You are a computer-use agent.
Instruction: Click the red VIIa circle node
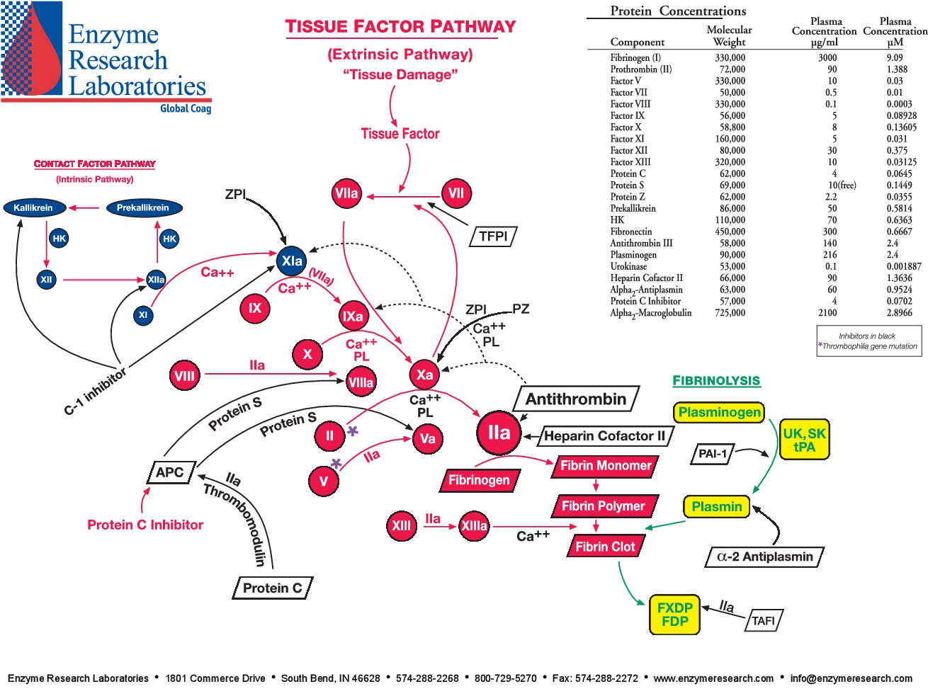[346, 193]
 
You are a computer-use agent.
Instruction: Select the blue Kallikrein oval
[34, 207]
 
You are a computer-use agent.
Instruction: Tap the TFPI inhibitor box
[493, 236]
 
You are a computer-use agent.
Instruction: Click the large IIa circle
[499, 433]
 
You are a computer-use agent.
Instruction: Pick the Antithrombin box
[575, 399]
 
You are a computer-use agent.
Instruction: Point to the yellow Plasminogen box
[719, 412]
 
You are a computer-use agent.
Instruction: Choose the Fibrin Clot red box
[605, 547]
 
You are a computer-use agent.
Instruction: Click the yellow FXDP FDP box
[674, 615]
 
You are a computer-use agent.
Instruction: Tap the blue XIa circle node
[292, 261]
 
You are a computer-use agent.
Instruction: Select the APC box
[170, 472]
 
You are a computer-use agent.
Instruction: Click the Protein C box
[272, 588]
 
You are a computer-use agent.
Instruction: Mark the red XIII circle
[401, 525]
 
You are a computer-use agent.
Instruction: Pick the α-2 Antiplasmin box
[764, 557]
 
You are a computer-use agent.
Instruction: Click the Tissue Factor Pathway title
[400, 27]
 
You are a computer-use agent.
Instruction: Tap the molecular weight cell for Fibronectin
[730, 232]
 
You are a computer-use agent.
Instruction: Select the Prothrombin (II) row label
[641, 69]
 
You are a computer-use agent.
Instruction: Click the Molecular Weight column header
[729, 35]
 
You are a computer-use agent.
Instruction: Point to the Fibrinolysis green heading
[716, 381]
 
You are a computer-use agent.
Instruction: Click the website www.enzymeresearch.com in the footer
[713, 678]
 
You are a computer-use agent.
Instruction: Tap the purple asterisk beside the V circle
[336, 464]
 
